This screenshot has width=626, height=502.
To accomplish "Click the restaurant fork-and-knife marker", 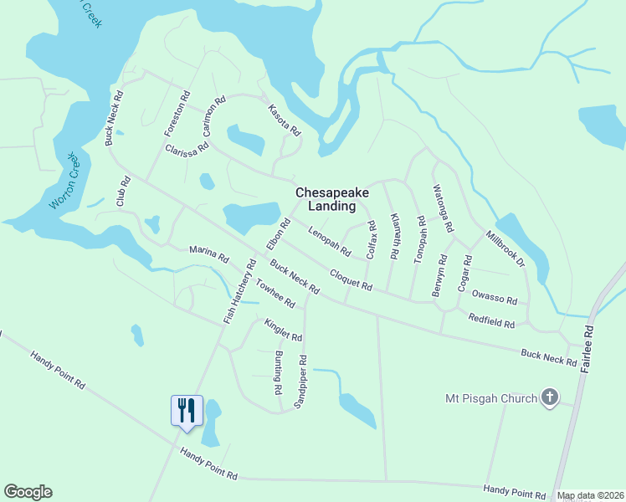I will point(187,410).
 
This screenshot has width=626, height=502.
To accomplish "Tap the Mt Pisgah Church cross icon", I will point(550,397).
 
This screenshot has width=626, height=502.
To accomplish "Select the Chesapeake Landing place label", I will point(331,199).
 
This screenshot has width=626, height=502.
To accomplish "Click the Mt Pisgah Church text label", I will point(492,398).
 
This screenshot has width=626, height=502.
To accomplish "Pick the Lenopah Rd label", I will point(329,241).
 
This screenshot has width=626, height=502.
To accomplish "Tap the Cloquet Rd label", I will point(351,279).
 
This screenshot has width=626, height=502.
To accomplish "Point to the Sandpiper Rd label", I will point(300,382).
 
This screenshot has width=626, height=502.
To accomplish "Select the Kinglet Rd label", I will point(283,330).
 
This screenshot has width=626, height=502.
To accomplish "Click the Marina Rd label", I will point(208,254).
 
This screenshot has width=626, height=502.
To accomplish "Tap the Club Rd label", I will point(124,192).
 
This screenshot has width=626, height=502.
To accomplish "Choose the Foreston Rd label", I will point(177,114).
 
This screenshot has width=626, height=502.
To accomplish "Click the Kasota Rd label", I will point(284,120).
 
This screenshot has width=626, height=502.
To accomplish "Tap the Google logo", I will point(28,492).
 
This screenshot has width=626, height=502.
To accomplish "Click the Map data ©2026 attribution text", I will point(589,496).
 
